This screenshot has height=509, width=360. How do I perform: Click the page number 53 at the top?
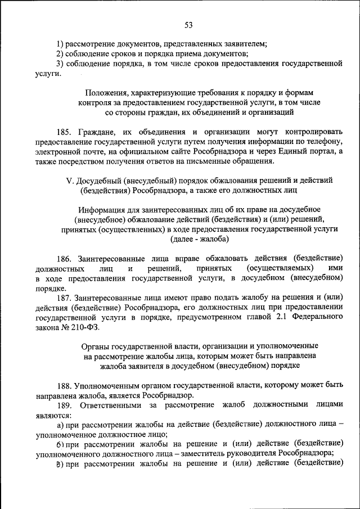(188, 24)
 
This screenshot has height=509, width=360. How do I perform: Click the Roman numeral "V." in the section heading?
(70, 181)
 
